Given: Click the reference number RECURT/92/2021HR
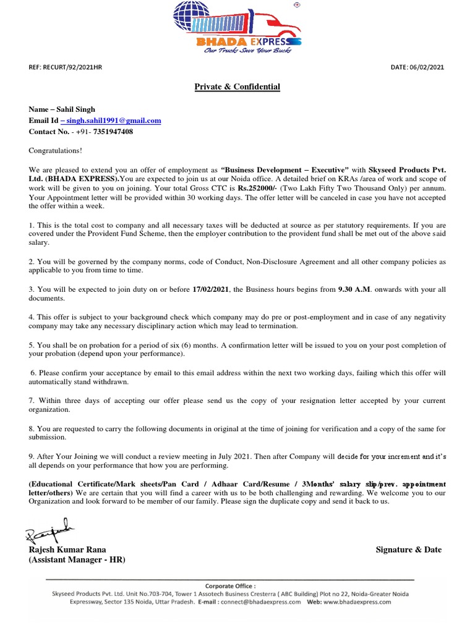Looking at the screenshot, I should coord(75,67).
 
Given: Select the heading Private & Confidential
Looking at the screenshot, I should coord(237,87).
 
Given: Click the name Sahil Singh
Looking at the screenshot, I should coord(77,109).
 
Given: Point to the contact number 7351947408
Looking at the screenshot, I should coord(109,132).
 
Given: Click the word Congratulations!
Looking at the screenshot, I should coord(55,150).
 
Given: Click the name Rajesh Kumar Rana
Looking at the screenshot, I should coord(67,550).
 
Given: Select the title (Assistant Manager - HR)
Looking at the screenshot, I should coord(77,560).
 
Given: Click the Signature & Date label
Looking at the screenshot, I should coord(408,550).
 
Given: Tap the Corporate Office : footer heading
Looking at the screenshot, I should coord(231,585).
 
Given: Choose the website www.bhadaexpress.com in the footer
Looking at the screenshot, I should coord(357,601).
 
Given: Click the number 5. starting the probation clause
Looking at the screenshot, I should coord(32,345).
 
